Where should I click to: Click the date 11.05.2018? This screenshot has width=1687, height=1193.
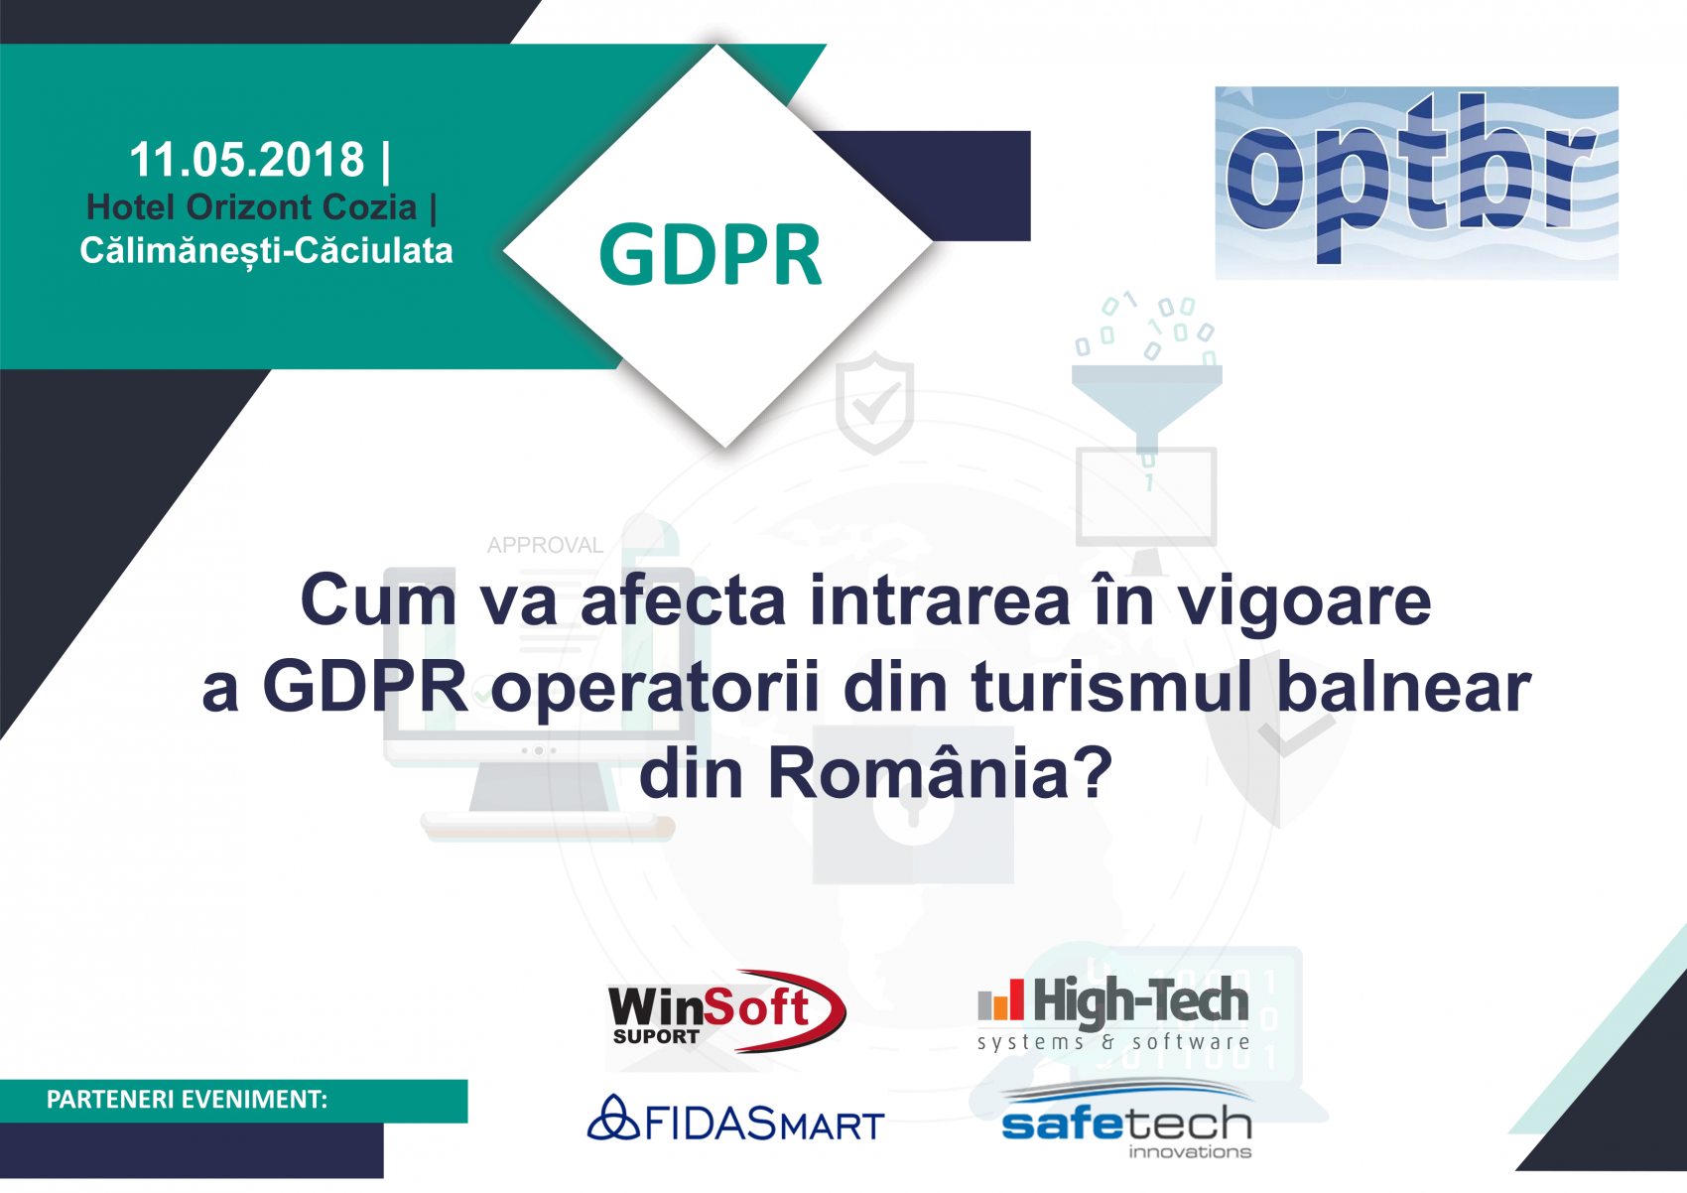tap(247, 160)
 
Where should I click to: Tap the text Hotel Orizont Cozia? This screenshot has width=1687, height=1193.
tap(251, 207)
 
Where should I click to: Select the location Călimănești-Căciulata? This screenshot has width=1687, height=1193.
tap(267, 251)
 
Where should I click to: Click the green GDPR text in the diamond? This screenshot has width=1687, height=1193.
tap(711, 255)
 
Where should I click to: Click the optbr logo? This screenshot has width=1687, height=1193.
tap(1417, 183)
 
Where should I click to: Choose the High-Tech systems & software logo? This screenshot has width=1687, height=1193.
tap(1113, 1013)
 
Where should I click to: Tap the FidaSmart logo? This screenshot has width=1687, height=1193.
tap(735, 1119)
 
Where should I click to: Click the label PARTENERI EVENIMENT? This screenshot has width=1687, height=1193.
tap(187, 1100)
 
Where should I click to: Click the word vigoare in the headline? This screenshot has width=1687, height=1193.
tap(1304, 601)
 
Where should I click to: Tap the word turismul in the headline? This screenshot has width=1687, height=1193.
tap(1110, 687)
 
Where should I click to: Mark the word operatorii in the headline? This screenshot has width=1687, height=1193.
tap(656, 689)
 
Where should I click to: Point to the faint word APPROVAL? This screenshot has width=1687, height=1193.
tap(545, 545)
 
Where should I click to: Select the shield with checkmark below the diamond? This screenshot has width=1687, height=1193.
tap(874, 403)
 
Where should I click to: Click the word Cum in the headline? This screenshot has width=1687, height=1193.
tap(379, 600)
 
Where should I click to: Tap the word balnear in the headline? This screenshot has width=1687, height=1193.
tap(1404, 687)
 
